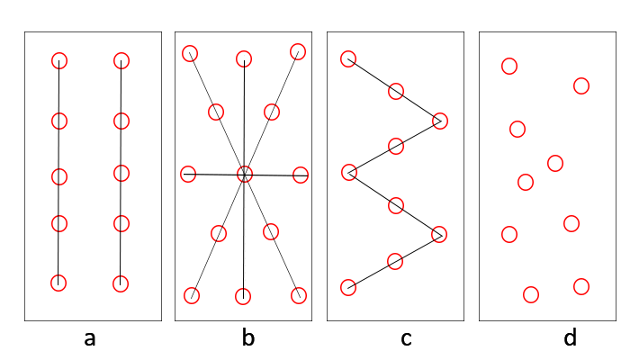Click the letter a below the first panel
coord(90,339)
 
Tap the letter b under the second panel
coord(248,337)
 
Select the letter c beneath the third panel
coord(406,339)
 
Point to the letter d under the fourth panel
coord(570,337)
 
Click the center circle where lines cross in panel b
coord(245,166)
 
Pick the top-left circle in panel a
coord(59,53)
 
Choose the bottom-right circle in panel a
coord(121,276)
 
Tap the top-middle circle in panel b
coord(244,51)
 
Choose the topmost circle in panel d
coord(509,58)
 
